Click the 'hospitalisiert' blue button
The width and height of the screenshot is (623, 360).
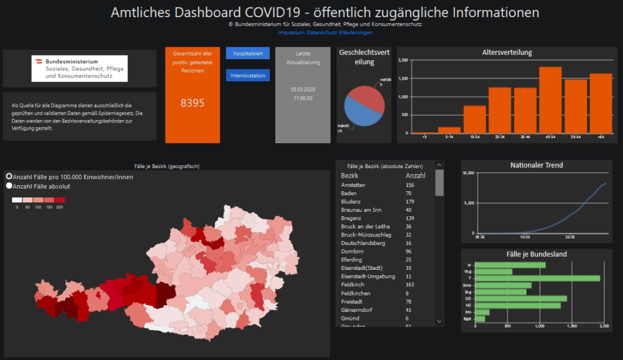coord(247,54)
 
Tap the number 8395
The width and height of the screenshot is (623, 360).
coord(192,103)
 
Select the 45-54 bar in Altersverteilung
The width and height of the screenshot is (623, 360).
coord(550,101)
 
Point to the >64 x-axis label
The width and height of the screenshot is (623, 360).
coord(600,136)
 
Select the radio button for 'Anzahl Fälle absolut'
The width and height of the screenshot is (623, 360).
coord(9,186)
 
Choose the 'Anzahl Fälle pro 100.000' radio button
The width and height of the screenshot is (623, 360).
coord(9,176)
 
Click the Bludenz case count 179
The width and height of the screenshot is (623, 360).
coord(410,202)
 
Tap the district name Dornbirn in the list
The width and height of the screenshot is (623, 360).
coord(352,251)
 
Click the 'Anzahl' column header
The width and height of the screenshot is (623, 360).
coord(415,175)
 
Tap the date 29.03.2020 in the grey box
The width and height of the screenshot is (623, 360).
coord(303,89)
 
